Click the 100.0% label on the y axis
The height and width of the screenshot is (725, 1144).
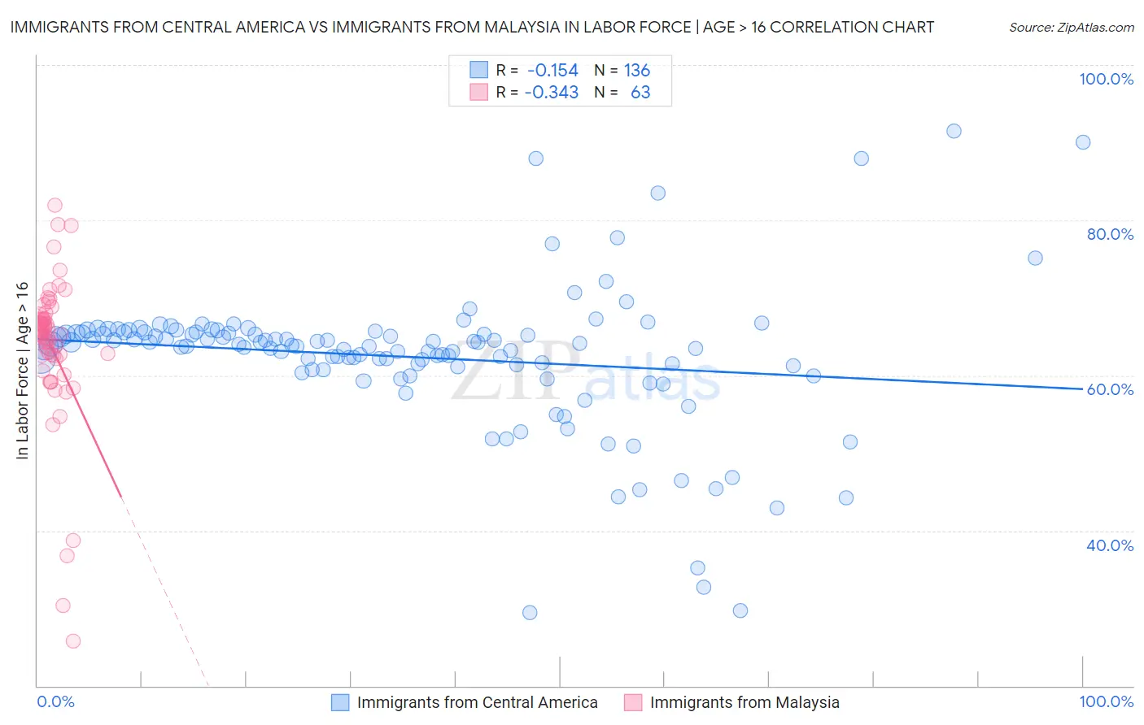1106,79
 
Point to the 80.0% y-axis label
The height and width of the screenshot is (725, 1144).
1110,234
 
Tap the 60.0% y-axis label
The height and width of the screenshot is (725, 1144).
1110,389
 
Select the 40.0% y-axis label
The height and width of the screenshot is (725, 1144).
1110,545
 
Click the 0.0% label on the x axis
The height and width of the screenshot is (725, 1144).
55,702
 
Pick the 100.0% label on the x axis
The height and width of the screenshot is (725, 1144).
1106,702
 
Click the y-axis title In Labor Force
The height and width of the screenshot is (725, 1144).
22,371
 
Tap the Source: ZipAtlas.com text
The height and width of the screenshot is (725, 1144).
1071,28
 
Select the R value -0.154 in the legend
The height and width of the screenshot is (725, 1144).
552,71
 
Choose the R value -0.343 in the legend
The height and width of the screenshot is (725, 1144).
551,93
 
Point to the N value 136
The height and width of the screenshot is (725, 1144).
636,71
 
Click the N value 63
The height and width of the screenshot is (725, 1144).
640,93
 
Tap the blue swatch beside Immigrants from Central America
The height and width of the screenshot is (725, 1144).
340,702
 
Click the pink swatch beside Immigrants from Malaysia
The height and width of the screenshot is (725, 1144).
633,702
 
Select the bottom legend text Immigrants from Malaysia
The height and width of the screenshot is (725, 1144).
744,702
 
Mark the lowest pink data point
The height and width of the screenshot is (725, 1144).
73,641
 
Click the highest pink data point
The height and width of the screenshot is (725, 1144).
55,206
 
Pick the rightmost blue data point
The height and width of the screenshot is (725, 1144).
1083,142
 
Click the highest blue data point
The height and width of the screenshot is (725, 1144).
954,131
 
